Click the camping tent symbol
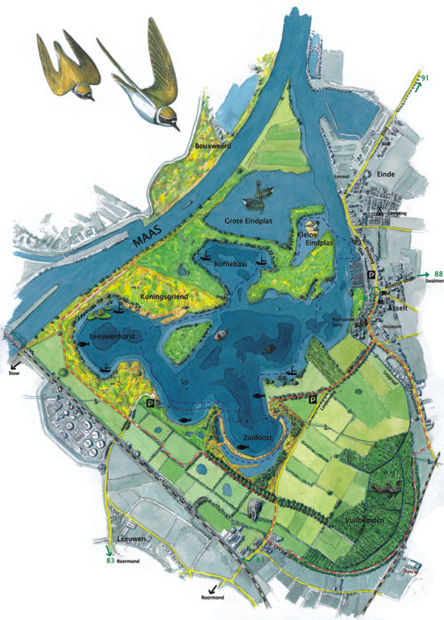pyautogui.click(x=380, y=214)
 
